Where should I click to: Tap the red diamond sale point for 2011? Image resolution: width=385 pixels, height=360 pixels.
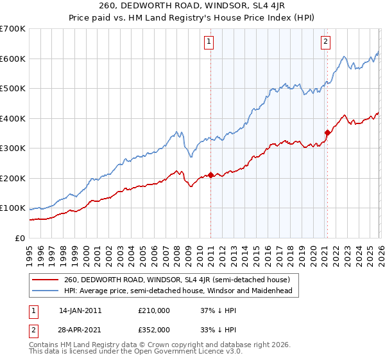(210, 175)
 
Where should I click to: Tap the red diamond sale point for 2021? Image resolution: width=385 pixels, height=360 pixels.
(327, 133)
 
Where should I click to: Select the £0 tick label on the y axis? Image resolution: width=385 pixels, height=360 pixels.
(21, 239)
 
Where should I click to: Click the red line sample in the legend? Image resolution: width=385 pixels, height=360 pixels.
(46, 280)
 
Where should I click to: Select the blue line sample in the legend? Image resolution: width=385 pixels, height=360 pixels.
(46, 291)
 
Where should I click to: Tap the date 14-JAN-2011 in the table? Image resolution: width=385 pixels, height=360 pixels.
(80, 310)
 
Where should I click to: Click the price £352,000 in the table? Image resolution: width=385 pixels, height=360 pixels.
(153, 329)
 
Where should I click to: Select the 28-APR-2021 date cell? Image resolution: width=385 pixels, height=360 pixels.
(80, 329)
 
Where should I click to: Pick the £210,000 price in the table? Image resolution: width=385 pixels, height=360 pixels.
(153, 310)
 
